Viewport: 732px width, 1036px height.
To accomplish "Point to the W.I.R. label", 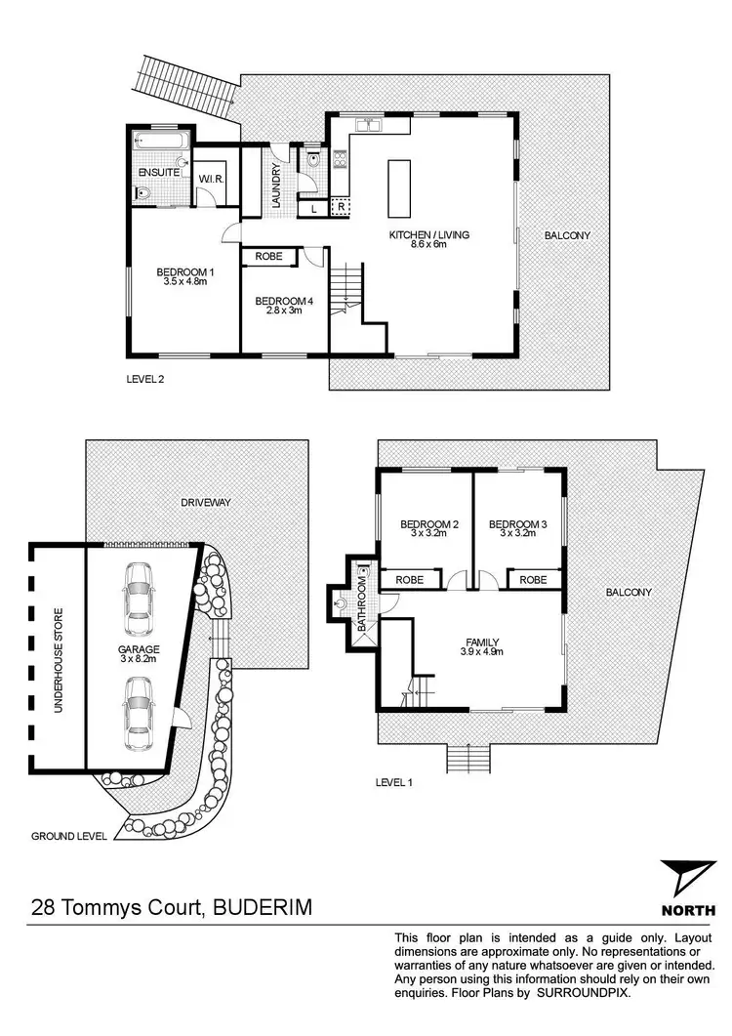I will [213, 179].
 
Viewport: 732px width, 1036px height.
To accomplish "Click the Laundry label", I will [276, 184].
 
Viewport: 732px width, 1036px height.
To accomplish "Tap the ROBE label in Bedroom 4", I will [268, 256].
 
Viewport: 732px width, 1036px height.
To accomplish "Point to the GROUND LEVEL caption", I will [69, 836].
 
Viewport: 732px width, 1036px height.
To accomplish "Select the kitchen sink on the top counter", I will [369, 125].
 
